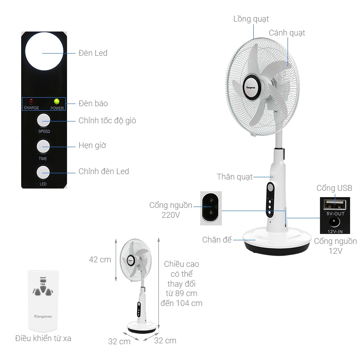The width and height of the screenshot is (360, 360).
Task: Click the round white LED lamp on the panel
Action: point(44,53)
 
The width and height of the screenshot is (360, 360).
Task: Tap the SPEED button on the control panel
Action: point(44,120)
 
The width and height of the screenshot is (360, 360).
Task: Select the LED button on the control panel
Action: point(44,172)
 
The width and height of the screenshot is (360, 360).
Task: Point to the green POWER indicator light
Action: point(57,101)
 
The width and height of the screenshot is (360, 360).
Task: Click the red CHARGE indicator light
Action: point(31,101)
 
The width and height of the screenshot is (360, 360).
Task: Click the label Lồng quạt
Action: point(251,19)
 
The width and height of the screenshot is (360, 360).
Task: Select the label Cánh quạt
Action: point(287,33)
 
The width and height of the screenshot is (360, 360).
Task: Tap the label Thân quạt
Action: point(234,176)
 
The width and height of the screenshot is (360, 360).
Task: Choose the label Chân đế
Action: point(217,240)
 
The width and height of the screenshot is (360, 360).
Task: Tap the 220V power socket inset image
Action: point(211,207)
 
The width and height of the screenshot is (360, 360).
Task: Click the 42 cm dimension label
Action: point(100,260)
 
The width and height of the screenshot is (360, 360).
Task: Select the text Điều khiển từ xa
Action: point(43,338)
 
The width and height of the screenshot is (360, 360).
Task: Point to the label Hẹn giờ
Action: point(92,146)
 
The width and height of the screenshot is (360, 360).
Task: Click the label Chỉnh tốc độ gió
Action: point(107,121)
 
